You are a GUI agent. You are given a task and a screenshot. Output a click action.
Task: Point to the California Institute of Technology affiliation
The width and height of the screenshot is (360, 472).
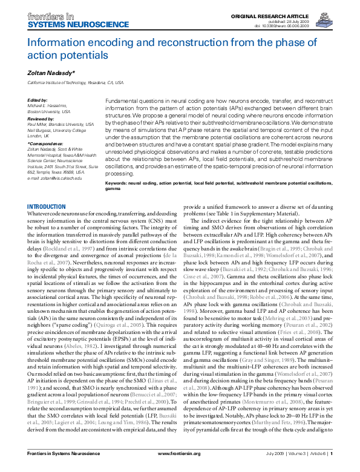point(76,82)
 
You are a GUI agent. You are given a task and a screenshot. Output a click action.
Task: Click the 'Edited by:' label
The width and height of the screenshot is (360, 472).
point(39,99)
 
